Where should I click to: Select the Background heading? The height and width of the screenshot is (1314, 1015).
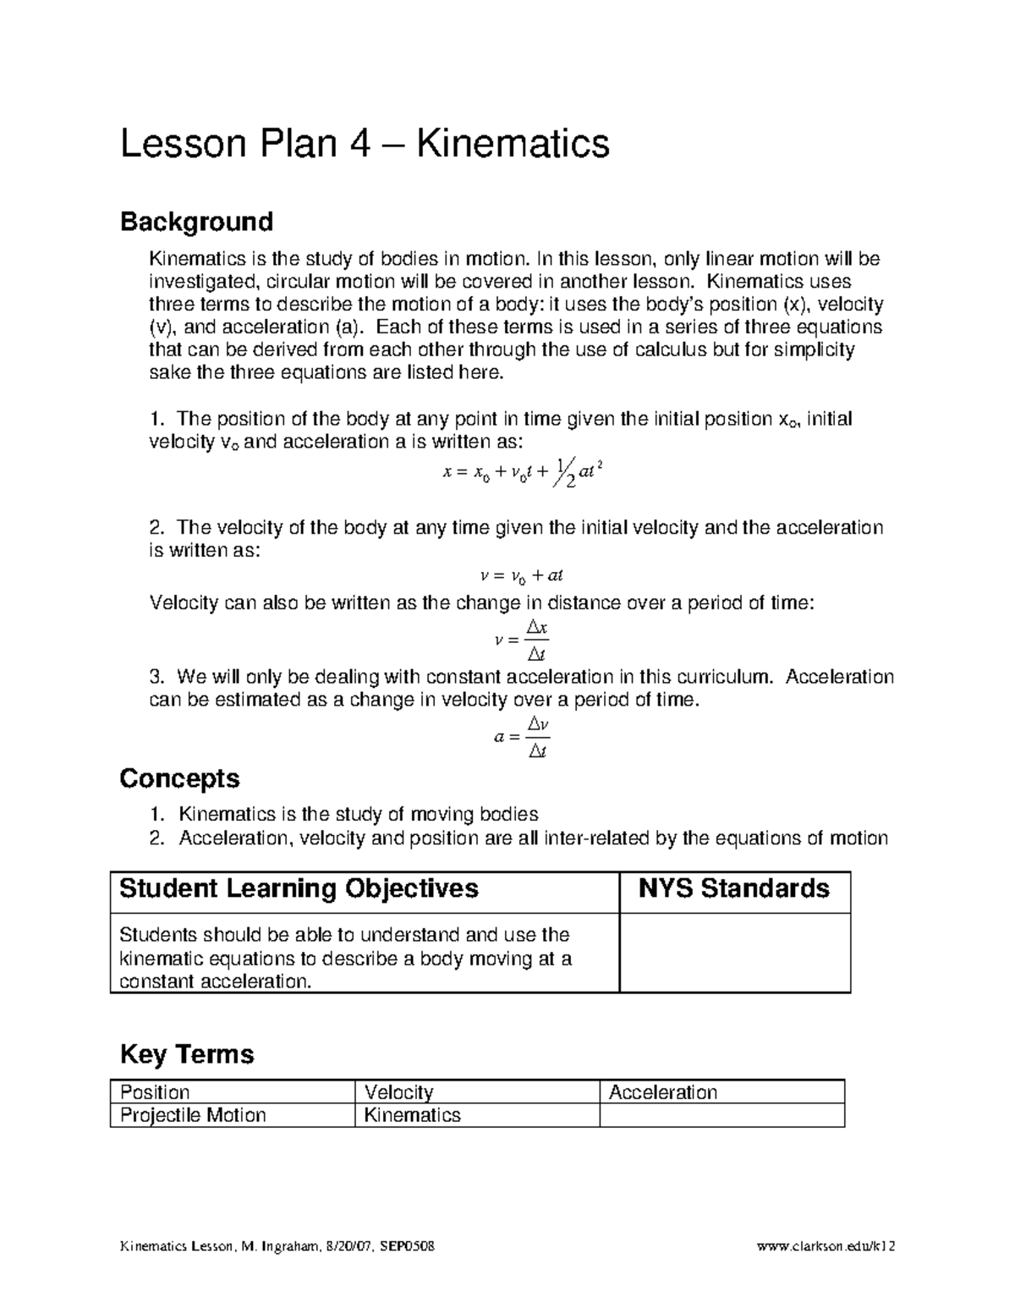click(x=196, y=222)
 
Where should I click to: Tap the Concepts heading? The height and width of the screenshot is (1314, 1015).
click(x=179, y=778)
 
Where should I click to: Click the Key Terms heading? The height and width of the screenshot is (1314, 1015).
click(x=187, y=1054)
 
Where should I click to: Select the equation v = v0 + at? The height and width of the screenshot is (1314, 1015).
click(x=521, y=576)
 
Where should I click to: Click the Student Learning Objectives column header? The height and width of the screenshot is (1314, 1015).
click(x=299, y=889)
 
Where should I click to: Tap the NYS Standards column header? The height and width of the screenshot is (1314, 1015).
click(x=733, y=889)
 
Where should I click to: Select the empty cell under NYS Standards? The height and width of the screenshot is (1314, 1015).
click(x=734, y=953)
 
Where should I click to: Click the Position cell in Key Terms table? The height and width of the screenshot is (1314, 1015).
click(x=155, y=1092)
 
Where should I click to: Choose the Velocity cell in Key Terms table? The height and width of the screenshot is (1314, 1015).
click(x=398, y=1092)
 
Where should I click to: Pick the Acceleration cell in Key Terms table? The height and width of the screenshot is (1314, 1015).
click(x=663, y=1092)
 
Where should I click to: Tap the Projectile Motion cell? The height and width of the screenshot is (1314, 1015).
click(x=193, y=1115)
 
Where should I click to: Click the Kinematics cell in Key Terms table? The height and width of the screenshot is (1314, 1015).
click(x=412, y=1115)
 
